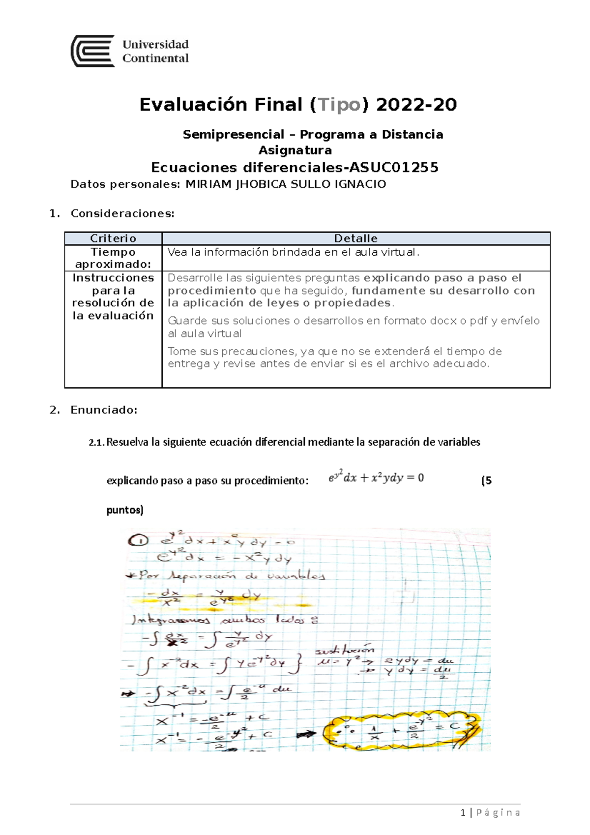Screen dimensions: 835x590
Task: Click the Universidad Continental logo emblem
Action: click(93, 51)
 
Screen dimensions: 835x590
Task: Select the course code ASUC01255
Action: click(393, 168)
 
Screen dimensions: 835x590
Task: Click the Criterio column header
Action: click(113, 239)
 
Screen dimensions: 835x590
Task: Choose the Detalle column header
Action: click(355, 239)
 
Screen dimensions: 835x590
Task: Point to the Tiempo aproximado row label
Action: click(113, 258)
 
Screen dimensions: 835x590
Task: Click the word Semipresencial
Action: click(234, 135)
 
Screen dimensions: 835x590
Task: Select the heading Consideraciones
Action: click(122, 213)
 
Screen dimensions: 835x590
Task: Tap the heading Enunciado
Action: click(104, 410)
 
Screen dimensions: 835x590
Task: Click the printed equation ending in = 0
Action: click(376, 477)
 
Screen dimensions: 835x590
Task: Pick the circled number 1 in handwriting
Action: click(138, 541)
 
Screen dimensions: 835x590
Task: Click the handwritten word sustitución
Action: click(345, 650)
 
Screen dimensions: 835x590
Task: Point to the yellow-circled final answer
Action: click(401, 731)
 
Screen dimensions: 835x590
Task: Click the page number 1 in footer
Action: click(463, 812)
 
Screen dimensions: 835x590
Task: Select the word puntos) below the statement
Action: click(125, 510)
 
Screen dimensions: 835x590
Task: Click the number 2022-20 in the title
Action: click(416, 105)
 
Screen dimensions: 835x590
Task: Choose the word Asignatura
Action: click(295, 150)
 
